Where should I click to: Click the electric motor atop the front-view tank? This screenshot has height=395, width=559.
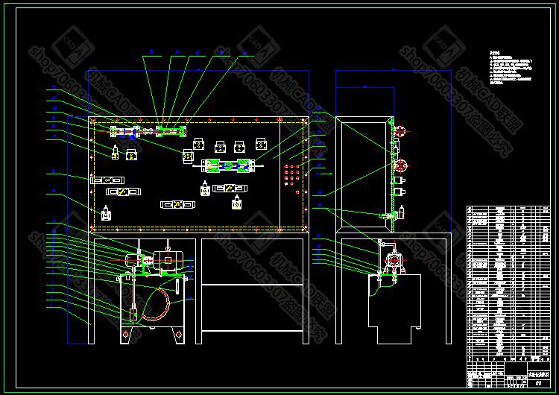(168, 261)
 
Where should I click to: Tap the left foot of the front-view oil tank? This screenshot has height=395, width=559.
(126, 335)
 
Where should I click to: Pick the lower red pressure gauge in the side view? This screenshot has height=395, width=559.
(400, 165)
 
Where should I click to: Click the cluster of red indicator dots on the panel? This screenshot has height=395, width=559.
(291, 176)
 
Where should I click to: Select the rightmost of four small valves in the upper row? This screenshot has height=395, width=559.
(260, 146)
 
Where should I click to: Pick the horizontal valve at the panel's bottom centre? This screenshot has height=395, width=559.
(177, 204)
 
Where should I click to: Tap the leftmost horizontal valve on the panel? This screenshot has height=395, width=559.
(106, 180)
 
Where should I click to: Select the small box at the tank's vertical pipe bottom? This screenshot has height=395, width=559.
(133, 315)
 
